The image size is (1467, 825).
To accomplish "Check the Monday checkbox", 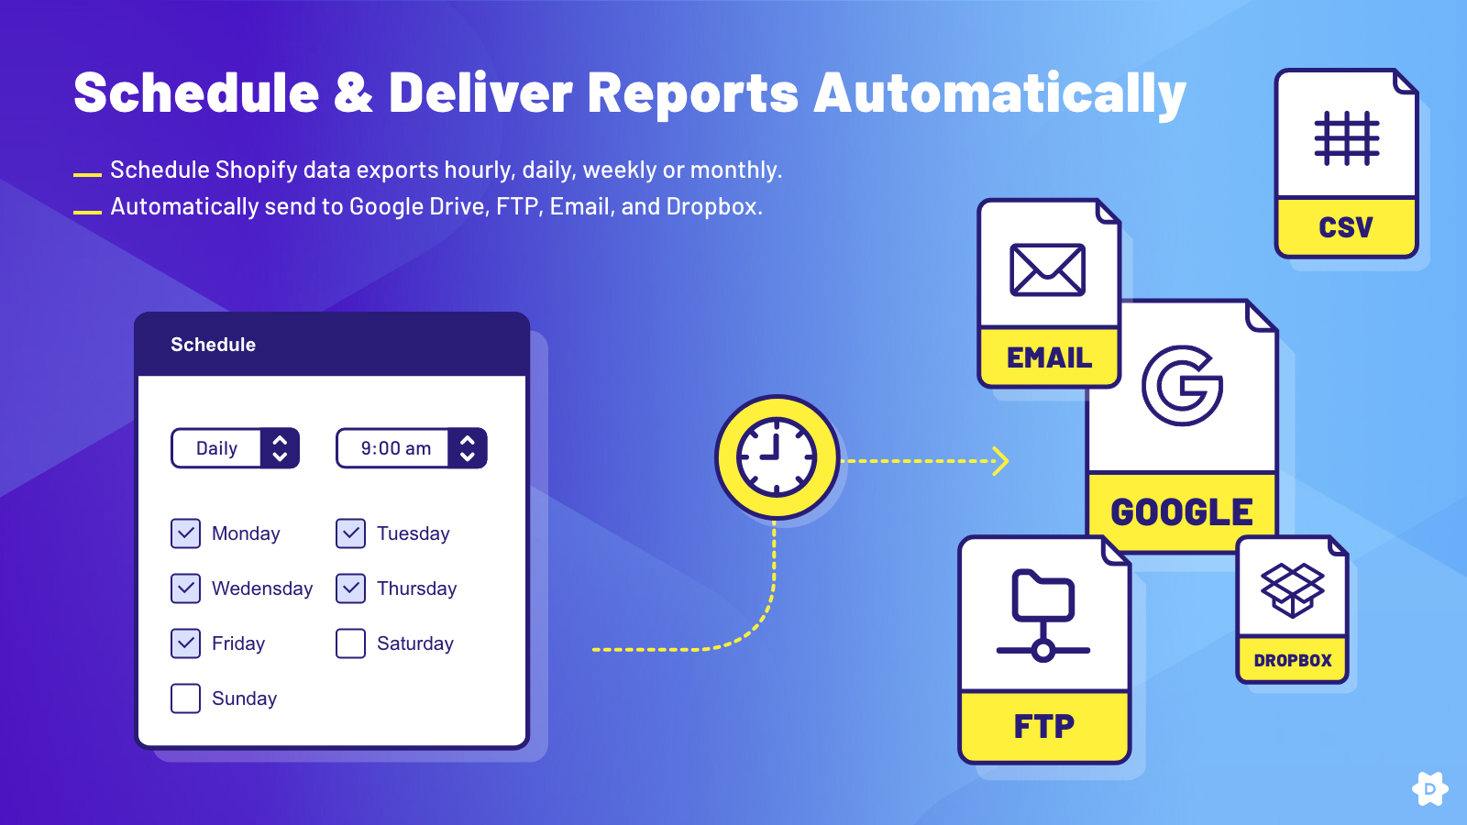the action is pos(185,533).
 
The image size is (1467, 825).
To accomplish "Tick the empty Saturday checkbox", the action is pos(350,643).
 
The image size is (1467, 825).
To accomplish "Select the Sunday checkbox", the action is pos(185,698).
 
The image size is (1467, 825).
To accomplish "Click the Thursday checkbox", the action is pos(350,588).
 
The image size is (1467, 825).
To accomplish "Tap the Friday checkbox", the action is pos(185,643).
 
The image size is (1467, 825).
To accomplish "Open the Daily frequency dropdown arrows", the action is pos(280,448).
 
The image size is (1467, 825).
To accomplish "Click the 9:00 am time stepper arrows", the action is pos(467,448).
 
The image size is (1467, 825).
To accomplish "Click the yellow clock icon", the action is pos(777,457).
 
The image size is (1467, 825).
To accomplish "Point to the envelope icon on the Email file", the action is pos(1047,269).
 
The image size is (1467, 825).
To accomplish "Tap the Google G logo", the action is pos(1182,386).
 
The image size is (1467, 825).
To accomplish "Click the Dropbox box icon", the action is pos(1292,590).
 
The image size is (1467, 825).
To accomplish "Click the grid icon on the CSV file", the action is pos(1347,138).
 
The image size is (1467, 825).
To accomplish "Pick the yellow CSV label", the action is pos(1346,226).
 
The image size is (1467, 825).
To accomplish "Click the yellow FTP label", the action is pos(1044,726).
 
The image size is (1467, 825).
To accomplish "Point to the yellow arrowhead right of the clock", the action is pos(1000,461).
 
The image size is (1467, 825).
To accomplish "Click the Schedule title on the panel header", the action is pos(213,345).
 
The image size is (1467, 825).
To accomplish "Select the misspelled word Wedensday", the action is pos(262,588).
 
